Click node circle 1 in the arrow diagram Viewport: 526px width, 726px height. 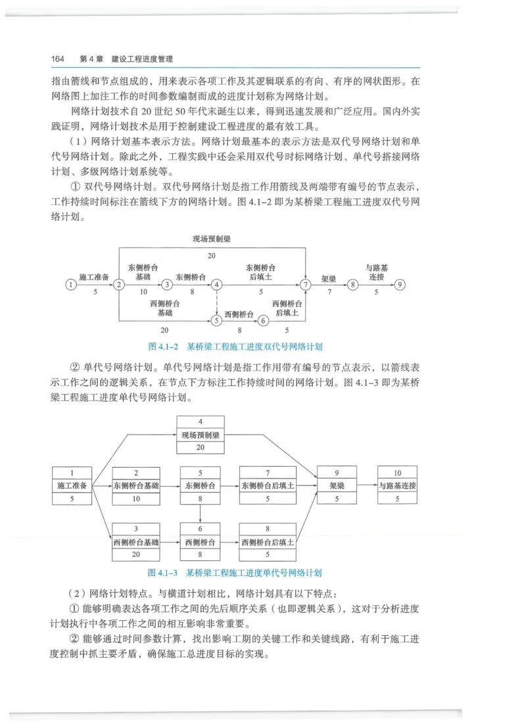pos(70,285)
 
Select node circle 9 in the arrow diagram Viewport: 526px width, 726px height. pos(400,285)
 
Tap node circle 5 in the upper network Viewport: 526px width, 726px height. pos(216,320)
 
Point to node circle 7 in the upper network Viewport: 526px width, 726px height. pos(305,285)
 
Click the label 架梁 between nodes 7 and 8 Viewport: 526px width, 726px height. pos(328,279)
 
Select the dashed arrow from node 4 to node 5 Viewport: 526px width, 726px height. pos(216,302)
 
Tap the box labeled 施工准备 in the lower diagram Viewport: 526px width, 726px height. pos(72,485)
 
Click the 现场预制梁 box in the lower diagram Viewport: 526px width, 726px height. pos(201,435)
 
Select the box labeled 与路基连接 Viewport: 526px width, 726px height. pos(397,485)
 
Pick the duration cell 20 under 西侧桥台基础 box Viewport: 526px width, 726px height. pos(136,555)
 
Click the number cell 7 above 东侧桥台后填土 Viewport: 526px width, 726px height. pos(268,473)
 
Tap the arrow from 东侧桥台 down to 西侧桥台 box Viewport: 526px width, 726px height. pos(201,514)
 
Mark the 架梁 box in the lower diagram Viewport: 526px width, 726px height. pos(337,485)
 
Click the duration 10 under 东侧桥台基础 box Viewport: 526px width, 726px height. pos(136,498)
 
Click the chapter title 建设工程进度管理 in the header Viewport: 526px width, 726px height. pos(142,59)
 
